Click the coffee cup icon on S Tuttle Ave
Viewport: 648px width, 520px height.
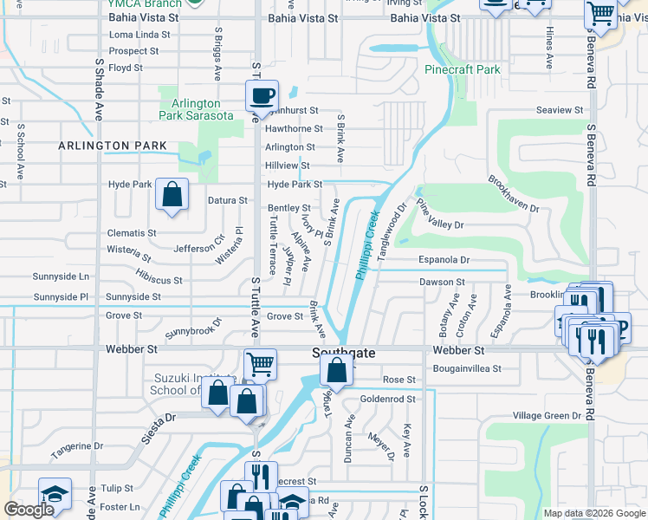pyautogui.click(x=261, y=97)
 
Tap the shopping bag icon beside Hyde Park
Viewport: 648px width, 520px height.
pyautogui.click(x=172, y=194)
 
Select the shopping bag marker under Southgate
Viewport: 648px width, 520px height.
pyautogui.click(x=336, y=370)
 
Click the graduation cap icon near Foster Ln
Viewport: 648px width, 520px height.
pyautogui.click(x=55, y=494)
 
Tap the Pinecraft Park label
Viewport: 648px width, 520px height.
pyautogui.click(x=463, y=69)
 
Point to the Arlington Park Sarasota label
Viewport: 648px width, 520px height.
pyautogui.click(x=196, y=109)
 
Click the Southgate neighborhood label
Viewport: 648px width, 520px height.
pyautogui.click(x=344, y=353)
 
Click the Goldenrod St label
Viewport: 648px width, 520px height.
pyautogui.click(x=388, y=399)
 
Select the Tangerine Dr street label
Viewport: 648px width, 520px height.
pyautogui.click(x=76, y=446)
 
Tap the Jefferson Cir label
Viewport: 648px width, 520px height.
pyautogui.click(x=198, y=248)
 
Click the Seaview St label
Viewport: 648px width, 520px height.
pyautogui.click(x=560, y=110)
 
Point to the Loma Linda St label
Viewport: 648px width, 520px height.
pyautogui.click(x=139, y=35)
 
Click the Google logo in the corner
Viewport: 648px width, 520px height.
pyautogui.click(x=29, y=510)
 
